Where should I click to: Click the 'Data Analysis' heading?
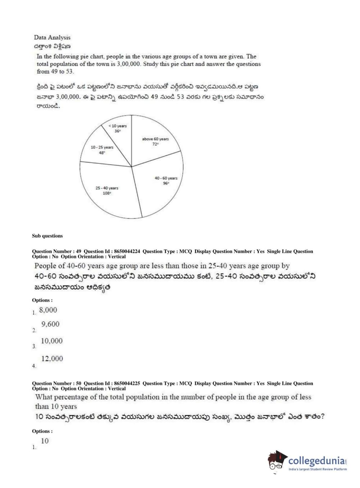pos(52,37)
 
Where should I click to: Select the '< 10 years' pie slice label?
pos(118,126)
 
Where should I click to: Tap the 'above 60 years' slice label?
pos(155,139)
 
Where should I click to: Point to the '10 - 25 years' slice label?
pos(102,147)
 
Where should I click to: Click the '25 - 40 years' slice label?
pos(107,188)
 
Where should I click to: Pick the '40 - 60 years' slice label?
pos(166,178)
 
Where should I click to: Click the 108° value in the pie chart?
pos(107,193)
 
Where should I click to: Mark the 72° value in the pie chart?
pos(155,144)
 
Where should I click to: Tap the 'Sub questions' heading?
pos(47,236)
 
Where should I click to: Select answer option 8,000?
pos(48,310)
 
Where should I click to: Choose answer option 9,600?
pos(50,324)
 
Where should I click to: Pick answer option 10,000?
pos(51,341)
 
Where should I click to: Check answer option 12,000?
pos(52,359)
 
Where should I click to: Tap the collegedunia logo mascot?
pos(277,461)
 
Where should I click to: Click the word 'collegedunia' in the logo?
pos(316,461)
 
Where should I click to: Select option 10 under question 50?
pos(45,441)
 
